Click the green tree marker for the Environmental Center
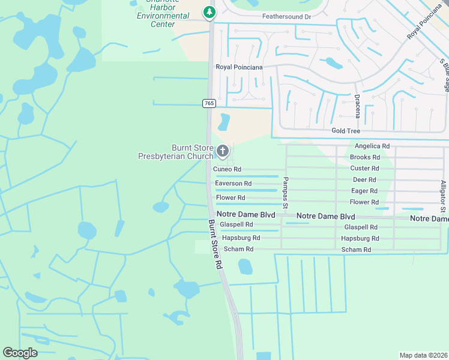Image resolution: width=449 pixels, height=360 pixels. [209, 11]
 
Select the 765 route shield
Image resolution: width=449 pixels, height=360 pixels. [209, 103]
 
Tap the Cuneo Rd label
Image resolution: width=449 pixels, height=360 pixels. [228, 170]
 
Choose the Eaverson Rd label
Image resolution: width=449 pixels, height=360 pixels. [233, 184]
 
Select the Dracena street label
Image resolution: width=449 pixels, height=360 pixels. [357, 106]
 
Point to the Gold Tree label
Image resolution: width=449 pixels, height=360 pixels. [346, 131]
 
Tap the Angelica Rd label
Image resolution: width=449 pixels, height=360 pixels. [372, 146]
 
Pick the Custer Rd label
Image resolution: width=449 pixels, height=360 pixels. [365, 169]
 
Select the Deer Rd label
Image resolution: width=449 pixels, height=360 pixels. [364, 179]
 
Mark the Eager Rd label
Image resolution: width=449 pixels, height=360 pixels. [364, 191]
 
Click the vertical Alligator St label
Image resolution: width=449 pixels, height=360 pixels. [442, 196]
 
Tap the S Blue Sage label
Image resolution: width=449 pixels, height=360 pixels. [444, 74]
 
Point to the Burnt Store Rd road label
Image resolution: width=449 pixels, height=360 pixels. [215, 244]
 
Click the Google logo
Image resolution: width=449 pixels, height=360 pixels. [20, 353]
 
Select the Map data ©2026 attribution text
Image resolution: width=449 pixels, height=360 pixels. [424, 355]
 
